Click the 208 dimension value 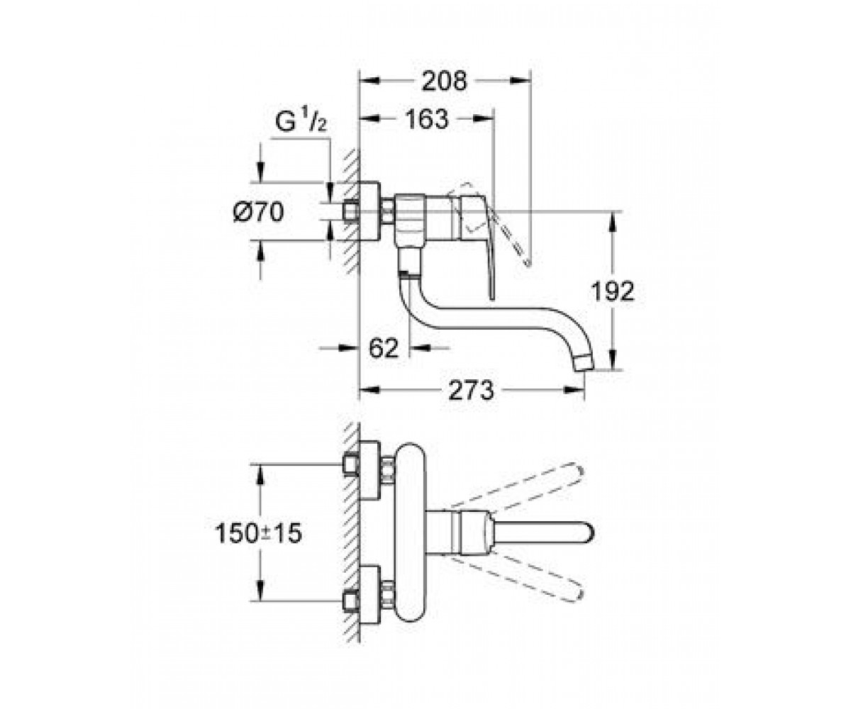tap(444, 81)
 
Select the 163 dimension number tap(426, 119)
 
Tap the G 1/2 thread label tap(301, 121)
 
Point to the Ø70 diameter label tap(258, 212)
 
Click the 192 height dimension tap(613, 291)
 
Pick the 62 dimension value tap(384, 348)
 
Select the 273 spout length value tap(471, 391)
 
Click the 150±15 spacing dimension tap(258, 533)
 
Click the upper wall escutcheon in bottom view tap(370, 470)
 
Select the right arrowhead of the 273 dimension tap(574, 390)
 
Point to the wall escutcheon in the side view tap(370, 211)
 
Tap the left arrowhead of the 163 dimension tap(369, 118)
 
